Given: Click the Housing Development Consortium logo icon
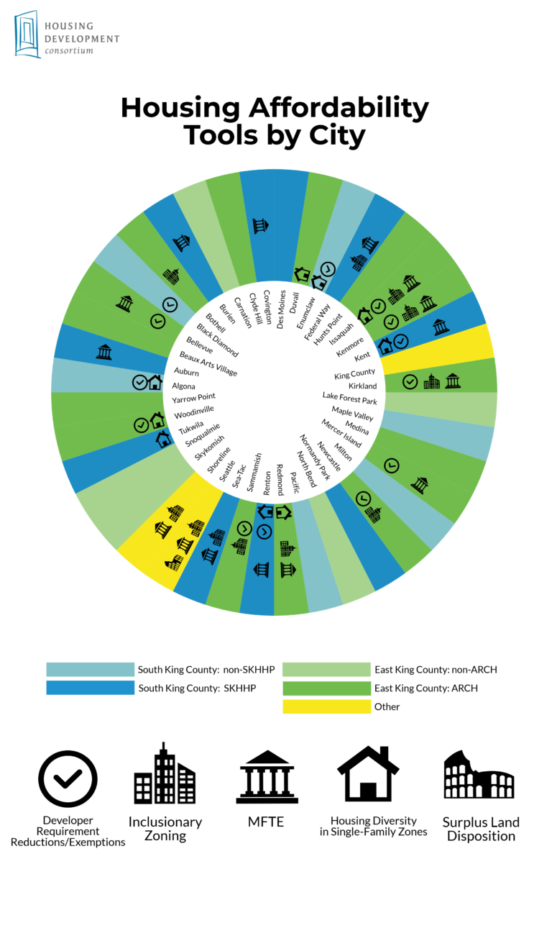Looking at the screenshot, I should (27, 34).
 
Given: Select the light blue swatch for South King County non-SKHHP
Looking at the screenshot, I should (90, 670).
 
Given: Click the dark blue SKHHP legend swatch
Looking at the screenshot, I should (90, 688).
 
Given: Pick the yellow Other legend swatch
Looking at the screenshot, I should (326, 706).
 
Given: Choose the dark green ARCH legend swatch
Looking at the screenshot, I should (326, 688).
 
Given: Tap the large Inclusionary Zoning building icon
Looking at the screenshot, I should (165, 774).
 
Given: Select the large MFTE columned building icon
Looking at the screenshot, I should (267, 778).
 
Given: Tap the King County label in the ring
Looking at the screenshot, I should (354, 375).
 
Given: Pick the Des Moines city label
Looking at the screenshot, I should (282, 309).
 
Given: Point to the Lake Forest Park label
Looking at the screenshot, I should (349, 398).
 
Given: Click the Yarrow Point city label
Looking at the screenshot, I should (193, 397).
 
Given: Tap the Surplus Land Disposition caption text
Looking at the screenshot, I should (481, 829).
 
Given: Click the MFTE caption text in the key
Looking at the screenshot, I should (267, 822).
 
